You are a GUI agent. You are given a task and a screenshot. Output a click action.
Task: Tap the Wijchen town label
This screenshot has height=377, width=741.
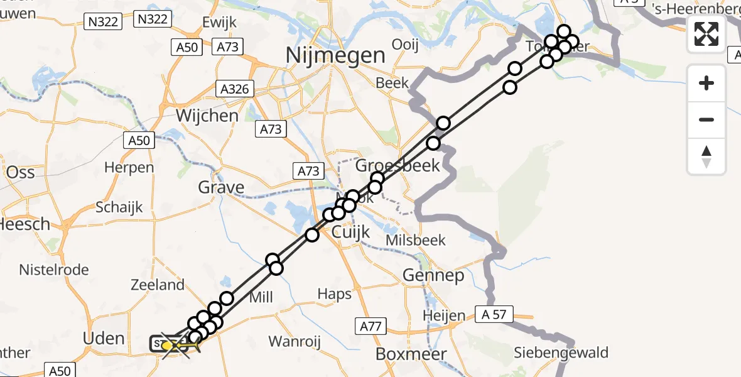(198, 116)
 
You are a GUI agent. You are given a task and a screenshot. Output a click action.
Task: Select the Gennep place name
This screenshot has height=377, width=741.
(433, 275)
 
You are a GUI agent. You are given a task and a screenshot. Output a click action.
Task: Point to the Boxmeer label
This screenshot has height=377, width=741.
(411, 354)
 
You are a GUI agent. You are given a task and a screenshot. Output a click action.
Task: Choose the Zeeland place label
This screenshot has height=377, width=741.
(157, 285)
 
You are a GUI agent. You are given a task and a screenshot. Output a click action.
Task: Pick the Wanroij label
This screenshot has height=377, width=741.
(295, 341)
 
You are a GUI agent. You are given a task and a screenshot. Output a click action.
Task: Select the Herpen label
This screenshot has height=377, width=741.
(129, 168)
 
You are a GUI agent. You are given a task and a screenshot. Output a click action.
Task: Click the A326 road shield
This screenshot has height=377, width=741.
(234, 89)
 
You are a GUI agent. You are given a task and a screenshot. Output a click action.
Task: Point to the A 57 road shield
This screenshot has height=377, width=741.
(494, 314)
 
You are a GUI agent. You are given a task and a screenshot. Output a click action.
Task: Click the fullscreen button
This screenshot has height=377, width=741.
(706, 34)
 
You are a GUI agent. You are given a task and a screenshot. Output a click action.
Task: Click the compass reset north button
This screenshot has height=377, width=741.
(706, 156)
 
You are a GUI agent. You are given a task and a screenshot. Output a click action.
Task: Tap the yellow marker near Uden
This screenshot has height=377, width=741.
(167, 345)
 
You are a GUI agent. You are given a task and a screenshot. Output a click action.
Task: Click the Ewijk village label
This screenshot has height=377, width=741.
(219, 23)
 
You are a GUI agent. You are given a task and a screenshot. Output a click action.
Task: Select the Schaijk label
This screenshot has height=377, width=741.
(120, 207)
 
